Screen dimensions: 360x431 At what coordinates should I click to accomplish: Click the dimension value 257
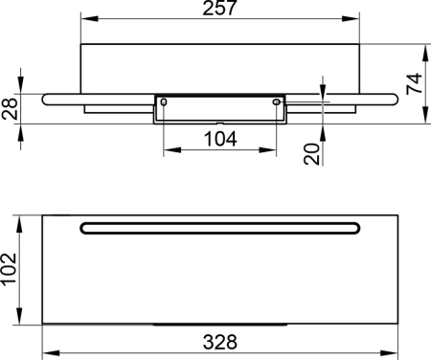(x=221, y=10)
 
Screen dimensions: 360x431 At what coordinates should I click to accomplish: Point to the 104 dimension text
(x=221, y=139)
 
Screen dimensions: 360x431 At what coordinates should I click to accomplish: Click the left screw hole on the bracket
(x=164, y=101)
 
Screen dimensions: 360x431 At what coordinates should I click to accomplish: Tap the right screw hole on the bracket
(x=278, y=101)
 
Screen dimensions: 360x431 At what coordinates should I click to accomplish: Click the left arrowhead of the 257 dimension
(x=84, y=19)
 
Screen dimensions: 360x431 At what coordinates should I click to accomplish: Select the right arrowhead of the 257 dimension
(x=359, y=19)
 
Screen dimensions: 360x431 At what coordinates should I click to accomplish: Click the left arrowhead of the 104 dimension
(x=169, y=149)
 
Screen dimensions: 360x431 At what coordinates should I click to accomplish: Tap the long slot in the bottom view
(x=221, y=227)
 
